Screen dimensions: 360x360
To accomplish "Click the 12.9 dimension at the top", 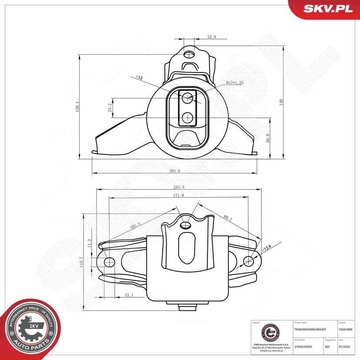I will [212, 37].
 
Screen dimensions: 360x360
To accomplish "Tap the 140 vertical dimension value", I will [281, 103].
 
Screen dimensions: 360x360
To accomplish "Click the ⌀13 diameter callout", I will [140, 78].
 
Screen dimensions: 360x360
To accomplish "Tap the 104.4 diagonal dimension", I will [135, 226].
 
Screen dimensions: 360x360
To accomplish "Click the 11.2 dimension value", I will [90, 244].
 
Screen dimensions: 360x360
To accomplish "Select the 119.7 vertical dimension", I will [81, 263].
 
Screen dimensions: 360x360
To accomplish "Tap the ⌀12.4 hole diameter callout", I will [266, 248].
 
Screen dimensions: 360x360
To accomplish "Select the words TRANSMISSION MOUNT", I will [310, 330].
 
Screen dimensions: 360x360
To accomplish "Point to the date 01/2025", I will [343, 347].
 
